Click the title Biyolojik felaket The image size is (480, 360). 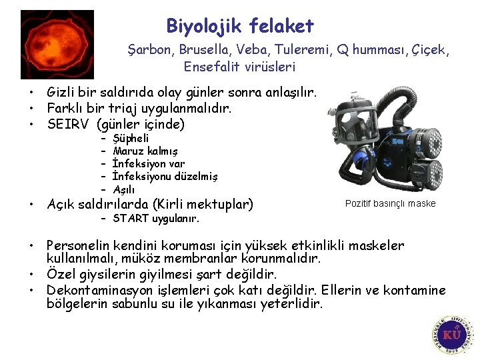point(240,27)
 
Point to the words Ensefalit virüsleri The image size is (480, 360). point(239,67)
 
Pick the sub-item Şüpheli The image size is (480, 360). point(131,139)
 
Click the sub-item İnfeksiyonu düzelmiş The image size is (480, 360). point(165,177)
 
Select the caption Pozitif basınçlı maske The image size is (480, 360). point(390,203)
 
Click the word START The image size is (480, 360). point(132,219)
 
